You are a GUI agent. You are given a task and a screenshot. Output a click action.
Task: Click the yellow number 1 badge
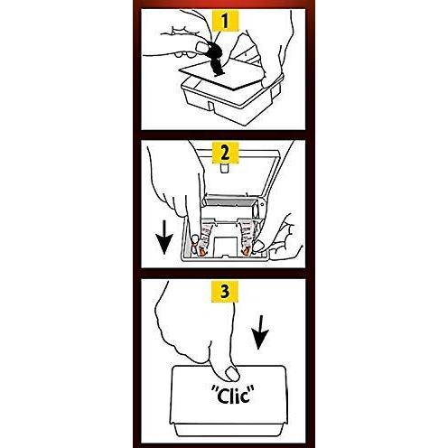225,21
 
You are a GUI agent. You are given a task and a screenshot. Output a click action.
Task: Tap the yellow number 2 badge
225,153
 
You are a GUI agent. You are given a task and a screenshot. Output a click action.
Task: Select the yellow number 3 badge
225,291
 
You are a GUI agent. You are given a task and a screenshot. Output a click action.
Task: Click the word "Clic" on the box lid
232,395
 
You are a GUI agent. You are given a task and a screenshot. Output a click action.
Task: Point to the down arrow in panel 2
165,237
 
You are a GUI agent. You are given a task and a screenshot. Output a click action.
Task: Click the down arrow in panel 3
260,332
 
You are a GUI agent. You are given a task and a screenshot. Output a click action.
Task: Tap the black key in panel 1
214,59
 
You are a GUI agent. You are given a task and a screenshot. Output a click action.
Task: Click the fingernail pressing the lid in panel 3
232,374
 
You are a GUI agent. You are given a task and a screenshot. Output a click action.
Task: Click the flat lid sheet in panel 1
222,74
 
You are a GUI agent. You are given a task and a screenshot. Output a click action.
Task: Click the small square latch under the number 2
224,168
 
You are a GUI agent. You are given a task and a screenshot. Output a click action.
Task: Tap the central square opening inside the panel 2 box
225,246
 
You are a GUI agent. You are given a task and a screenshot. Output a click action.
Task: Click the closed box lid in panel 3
229,395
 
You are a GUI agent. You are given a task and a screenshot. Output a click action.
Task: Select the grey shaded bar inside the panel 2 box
229,201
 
